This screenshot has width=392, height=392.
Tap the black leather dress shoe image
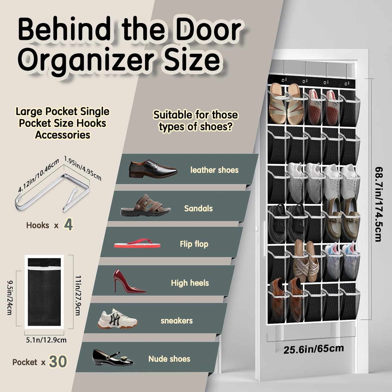pos(153,169)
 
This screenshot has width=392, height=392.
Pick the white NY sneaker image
pos(117,319)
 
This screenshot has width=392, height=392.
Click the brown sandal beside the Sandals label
pos(146,205)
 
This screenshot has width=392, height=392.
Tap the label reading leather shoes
pos(214,170)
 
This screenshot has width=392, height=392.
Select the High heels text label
pos(190,283)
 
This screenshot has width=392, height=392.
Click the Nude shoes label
pos(169,359)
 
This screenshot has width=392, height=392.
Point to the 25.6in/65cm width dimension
pos(314,349)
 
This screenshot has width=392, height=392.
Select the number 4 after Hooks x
pos(68,225)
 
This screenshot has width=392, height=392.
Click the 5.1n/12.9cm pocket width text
pos(46,340)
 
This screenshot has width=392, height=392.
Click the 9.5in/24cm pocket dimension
pos(9,298)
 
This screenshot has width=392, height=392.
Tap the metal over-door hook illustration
pos(52,193)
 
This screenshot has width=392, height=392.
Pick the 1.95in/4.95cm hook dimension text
pos(83,168)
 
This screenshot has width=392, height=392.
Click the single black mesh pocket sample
pos(44,292)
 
